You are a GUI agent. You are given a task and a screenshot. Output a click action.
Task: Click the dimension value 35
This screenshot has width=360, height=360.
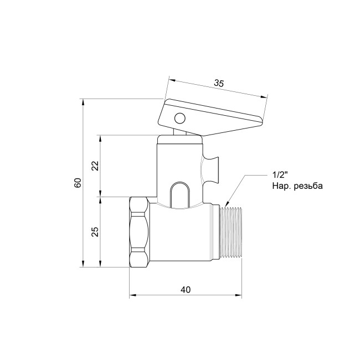pos(219,83)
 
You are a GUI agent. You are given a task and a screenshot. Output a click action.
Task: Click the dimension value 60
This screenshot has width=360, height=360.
pos(78,183)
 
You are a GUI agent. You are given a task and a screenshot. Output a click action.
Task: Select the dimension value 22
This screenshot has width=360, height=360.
pos(95,166)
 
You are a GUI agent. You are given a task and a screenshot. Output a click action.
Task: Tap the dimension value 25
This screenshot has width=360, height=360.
pos(95,232)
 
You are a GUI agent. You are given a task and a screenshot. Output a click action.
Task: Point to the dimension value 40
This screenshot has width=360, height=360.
pos(186,290)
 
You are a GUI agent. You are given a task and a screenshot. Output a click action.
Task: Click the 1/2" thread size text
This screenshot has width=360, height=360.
pos(280,176)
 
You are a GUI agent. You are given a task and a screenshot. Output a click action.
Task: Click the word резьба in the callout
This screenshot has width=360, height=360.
pos(309,186)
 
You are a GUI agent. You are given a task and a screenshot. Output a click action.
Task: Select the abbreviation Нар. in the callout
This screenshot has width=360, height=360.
pos(282,186)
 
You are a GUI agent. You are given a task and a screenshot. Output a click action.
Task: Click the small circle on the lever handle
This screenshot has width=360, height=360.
pos(180,119)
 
